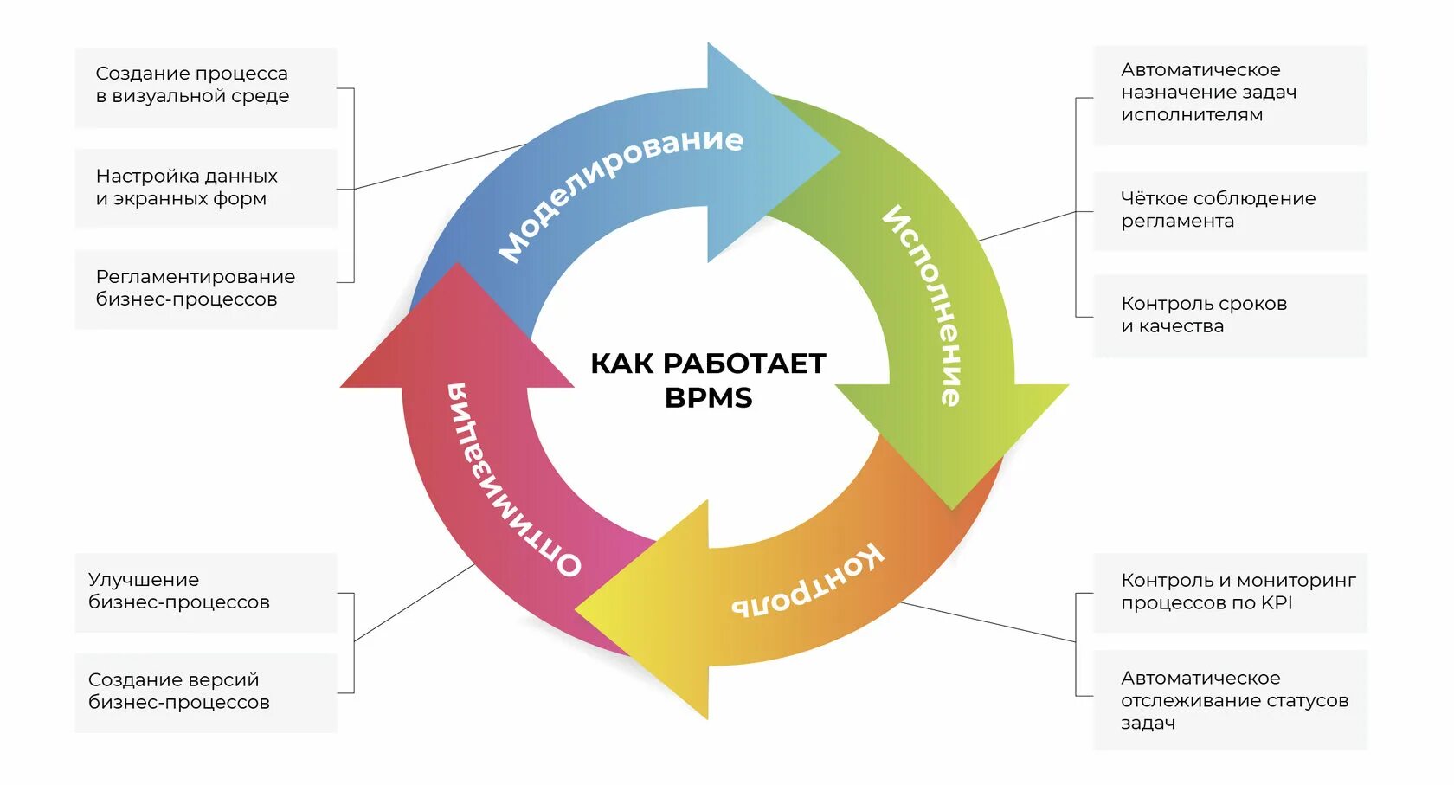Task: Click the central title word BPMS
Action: point(708,398)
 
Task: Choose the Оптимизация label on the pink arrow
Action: point(511,480)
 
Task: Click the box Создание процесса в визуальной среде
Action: point(206,87)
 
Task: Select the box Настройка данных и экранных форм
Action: point(206,188)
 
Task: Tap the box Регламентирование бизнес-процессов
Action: point(206,288)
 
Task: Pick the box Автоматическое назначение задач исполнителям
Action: point(1230,93)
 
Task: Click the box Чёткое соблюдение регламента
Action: point(1230,210)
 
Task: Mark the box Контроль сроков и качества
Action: point(1230,315)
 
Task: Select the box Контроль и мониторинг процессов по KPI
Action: point(1230,592)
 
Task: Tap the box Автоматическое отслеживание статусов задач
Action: point(1230,700)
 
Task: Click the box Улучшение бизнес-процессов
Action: point(206,592)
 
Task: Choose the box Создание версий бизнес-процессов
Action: point(206,692)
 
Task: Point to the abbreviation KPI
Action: point(1277,603)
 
